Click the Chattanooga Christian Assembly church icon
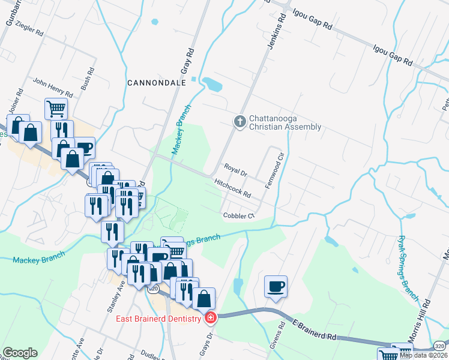coord(240,122)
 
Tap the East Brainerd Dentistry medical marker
coord(210,318)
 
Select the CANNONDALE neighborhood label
coord(156,82)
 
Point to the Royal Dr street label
coord(236,170)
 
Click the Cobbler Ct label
coord(239,215)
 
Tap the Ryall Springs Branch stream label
coord(408,266)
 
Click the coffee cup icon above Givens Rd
coord(276,286)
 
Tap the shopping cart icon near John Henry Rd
coord(56,109)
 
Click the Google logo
coord(20,353)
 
